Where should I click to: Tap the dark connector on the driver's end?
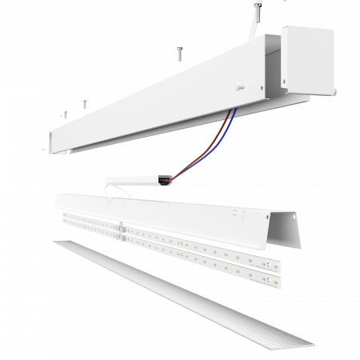[x=165, y=181]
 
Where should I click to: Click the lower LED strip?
[x=184, y=256]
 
